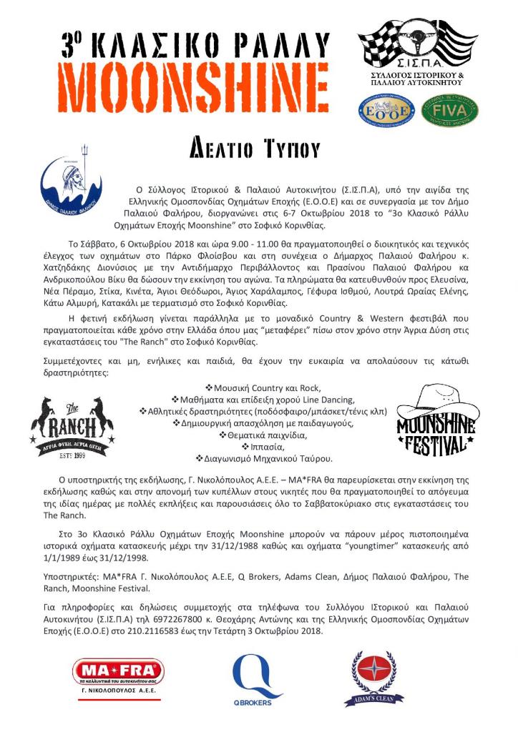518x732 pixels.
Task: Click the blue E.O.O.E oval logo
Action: (387, 111)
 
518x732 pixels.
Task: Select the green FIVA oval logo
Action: (449, 111)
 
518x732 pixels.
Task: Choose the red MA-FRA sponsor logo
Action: (118, 673)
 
